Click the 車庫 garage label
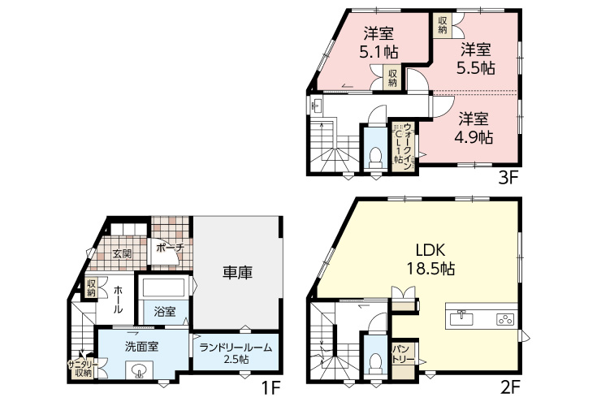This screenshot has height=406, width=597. (237, 273)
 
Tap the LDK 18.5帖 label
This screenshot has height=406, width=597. (430, 260)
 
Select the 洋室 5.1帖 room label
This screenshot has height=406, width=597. (379, 42)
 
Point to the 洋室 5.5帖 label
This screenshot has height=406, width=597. (475, 58)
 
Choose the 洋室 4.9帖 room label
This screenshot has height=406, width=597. (474, 127)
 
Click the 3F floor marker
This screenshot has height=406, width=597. (508, 178)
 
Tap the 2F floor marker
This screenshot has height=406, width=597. (509, 388)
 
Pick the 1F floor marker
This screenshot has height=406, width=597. (270, 388)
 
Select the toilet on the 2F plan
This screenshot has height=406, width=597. (375, 364)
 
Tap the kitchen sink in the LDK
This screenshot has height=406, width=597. (461, 318)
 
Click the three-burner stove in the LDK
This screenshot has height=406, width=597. (505, 319)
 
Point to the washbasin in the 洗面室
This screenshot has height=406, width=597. (139, 370)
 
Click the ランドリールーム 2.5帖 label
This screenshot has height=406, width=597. (236, 352)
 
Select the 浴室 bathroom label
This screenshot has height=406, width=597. (165, 312)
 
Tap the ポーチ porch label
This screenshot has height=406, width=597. (170, 248)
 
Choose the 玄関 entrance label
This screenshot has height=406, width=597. (122, 254)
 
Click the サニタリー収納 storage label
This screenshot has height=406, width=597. (84, 369)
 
